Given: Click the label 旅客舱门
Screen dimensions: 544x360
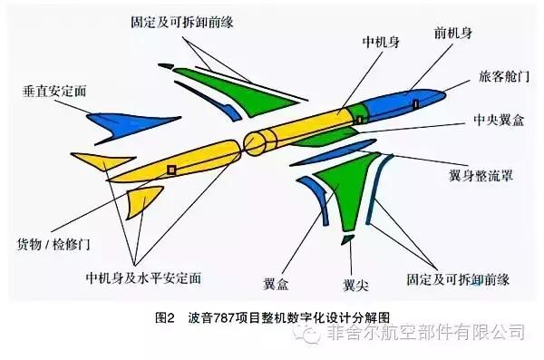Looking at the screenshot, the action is coord(499,77).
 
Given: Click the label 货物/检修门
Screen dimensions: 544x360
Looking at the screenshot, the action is coord(57,246).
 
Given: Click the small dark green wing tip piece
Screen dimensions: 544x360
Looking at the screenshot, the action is coord(347,240).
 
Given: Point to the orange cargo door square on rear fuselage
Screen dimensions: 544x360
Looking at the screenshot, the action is coord(170,169).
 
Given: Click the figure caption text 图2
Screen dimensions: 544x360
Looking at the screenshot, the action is coord(169,318).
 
